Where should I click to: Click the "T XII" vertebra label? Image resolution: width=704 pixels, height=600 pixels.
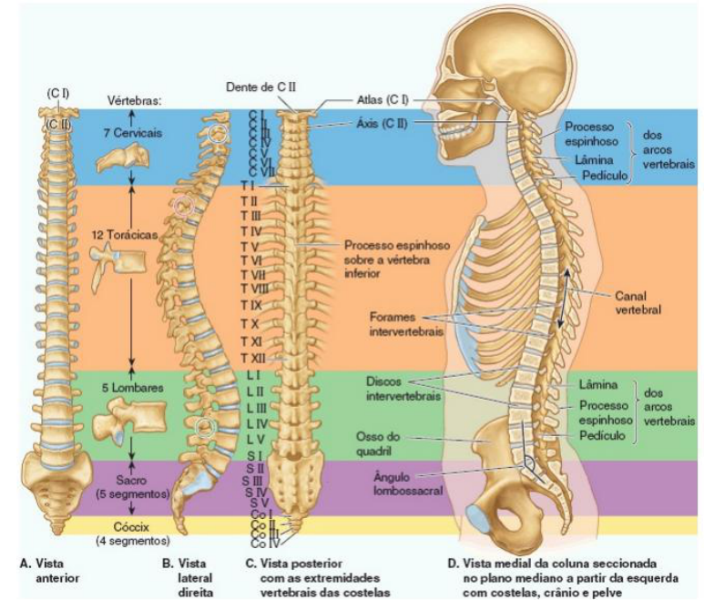click(252, 358)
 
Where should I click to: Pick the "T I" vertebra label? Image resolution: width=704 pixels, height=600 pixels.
click(247, 184)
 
